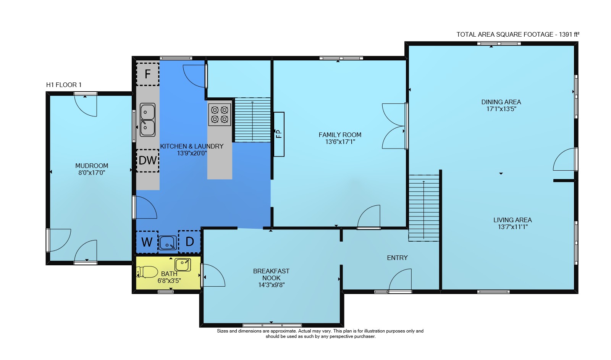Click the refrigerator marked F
pyautogui.click(x=147, y=74)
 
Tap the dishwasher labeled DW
pyautogui.click(x=147, y=160)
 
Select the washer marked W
pyautogui.click(x=147, y=242)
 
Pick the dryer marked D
pyautogui.click(x=189, y=242)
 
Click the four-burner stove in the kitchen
pyautogui.click(x=220, y=115)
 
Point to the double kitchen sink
pyautogui.click(x=147, y=120)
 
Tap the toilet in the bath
pyautogui.click(x=147, y=272)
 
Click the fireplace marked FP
pyautogui.click(x=279, y=134)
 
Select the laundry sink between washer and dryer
pyautogui.click(x=168, y=243)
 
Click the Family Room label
pyautogui.click(x=340, y=135)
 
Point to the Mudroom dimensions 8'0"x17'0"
pyautogui.click(x=92, y=173)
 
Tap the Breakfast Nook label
pyautogui.click(x=271, y=274)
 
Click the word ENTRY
pyautogui.click(x=397, y=258)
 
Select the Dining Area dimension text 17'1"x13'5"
pyautogui.click(x=501, y=109)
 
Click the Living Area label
pyautogui.click(x=512, y=220)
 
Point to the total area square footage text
pyautogui.click(x=518, y=34)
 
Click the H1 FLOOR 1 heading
pyautogui.click(x=64, y=85)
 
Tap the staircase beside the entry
pyautogui.click(x=423, y=208)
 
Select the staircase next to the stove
pyautogui.click(x=252, y=120)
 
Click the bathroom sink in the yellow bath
pyautogui.click(x=183, y=265)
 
